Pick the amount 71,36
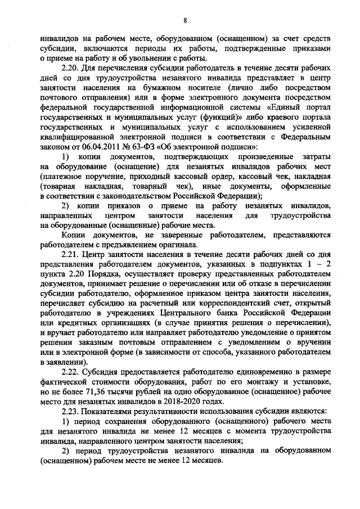(102, 392)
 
